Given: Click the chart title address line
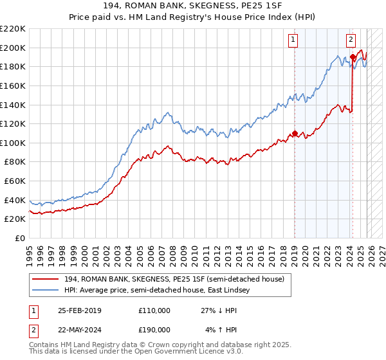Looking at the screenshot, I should [x=193, y=6].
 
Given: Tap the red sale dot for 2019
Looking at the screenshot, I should [x=295, y=134].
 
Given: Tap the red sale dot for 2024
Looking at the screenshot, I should [x=353, y=57].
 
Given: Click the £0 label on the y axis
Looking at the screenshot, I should [x=19, y=238].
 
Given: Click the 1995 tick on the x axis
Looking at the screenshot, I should [x=30, y=251].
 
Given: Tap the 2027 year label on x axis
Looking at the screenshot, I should [x=381, y=251].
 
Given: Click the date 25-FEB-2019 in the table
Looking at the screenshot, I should [x=78, y=310].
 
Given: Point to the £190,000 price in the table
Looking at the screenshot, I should [x=154, y=329].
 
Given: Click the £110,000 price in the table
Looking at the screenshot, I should [x=154, y=310].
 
